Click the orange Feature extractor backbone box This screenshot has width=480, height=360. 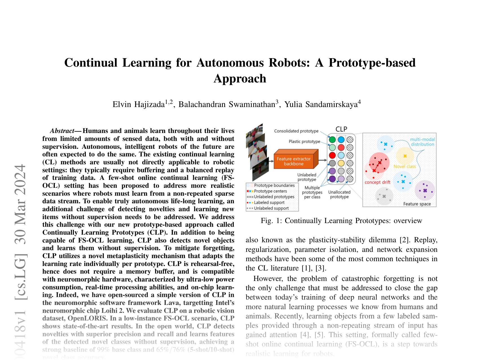point(294,161)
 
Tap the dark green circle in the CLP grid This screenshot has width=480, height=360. point(332,139)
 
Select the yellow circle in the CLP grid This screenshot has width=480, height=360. point(341,163)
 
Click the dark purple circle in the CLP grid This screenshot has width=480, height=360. point(332,179)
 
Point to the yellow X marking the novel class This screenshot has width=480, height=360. point(405,156)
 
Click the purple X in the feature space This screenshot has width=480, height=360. point(425,191)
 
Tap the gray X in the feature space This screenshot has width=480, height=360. point(384,196)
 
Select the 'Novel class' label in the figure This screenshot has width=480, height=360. point(405,167)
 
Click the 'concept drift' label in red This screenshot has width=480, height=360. point(378,182)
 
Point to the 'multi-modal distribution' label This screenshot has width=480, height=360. point(422,142)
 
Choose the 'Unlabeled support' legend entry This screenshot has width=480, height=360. point(271,208)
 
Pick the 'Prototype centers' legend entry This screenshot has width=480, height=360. point(270,191)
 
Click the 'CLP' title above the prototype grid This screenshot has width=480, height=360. point(341,129)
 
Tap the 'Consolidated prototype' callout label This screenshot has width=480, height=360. point(296,131)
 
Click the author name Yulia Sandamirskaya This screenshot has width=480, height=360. point(321,104)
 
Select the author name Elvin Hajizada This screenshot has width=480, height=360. point(138,104)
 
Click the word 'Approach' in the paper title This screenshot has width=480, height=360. point(240,78)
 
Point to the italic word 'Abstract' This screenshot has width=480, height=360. point(62,131)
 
